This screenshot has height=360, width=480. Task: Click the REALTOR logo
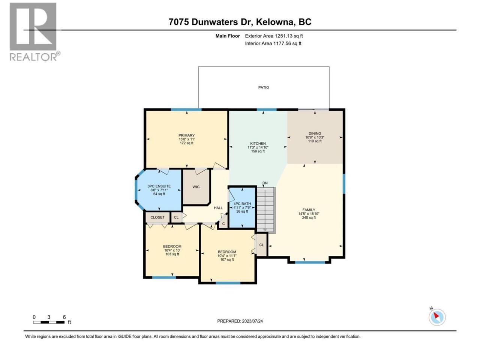(x=35, y=32)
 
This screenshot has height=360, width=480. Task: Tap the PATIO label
(x=264, y=87)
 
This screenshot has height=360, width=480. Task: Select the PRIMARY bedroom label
(x=186, y=135)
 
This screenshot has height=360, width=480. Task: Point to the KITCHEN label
(x=258, y=143)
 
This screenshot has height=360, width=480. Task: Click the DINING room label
(x=315, y=133)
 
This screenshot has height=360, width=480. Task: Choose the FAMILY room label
(x=309, y=210)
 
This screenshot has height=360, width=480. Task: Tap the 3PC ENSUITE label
(x=159, y=186)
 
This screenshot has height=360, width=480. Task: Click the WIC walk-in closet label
(x=196, y=187)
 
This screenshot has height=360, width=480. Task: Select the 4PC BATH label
(x=242, y=204)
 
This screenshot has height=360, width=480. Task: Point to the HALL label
(x=218, y=208)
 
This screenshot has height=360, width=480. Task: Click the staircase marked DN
(x=265, y=209)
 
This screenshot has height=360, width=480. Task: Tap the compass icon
(x=437, y=317)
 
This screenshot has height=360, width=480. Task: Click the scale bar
(x=49, y=322)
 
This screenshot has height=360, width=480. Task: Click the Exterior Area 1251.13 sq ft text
(x=274, y=36)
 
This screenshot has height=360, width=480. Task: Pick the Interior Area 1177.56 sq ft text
(x=273, y=43)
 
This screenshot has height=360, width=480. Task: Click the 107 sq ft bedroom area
(x=227, y=259)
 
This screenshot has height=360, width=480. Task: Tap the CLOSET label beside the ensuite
(x=157, y=217)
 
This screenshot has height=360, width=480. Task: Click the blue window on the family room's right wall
(x=343, y=184)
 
